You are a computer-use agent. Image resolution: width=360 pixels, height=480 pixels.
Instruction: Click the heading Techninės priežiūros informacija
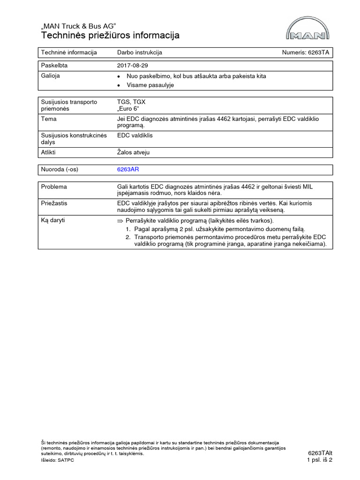[x=110, y=36]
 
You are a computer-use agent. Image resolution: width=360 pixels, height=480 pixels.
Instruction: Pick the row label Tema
[x=49, y=119]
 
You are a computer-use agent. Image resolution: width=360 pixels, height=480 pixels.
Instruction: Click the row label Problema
[x=54, y=187]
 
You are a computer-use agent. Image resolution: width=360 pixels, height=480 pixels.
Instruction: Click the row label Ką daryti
[x=54, y=220]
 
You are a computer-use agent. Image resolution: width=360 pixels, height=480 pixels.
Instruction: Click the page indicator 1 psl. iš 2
[x=320, y=460]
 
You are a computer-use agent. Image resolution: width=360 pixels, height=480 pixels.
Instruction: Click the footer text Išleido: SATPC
[x=58, y=461]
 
